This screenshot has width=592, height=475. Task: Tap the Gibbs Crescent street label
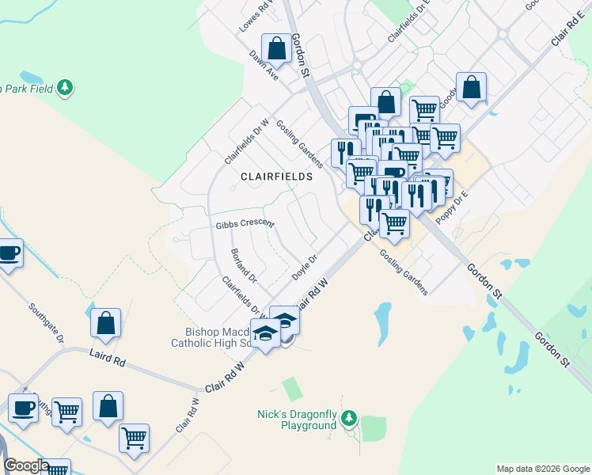(245, 224)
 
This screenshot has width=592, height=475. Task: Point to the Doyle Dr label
(304, 264)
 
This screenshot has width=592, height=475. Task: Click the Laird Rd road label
(108, 360)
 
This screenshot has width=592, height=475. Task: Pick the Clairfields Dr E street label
(408, 21)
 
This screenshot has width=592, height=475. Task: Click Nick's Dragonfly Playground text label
(297, 420)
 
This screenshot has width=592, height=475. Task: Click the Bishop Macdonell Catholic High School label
(210, 337)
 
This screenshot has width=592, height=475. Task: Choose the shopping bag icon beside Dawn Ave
(278, 48)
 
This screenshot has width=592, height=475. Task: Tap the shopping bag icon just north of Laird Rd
(106, 322)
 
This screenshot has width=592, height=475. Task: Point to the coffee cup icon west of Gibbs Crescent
(8, 253)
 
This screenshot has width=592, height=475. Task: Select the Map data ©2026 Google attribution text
(543, 469)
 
